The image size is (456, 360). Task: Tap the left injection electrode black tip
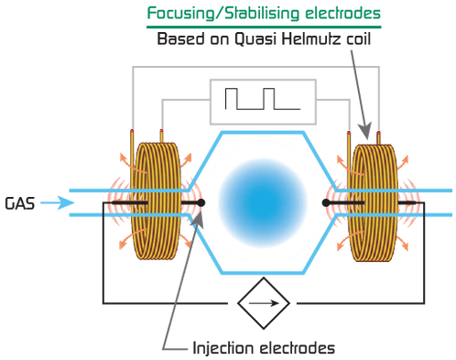[x=199, y=202]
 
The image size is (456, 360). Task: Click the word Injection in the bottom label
[x=222, y=348]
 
